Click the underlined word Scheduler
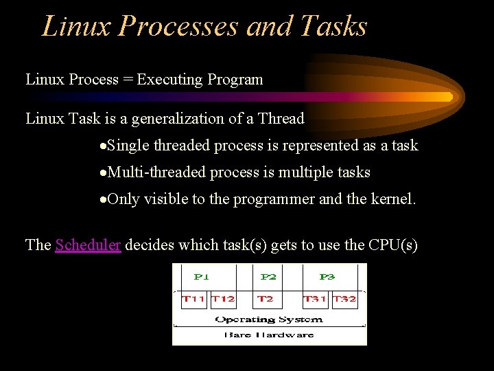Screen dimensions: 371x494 point(88,245)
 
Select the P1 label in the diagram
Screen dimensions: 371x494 point(201,277)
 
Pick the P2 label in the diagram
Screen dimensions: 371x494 point(268,277)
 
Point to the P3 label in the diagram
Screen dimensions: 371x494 point(327,277)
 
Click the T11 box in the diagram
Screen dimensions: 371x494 point(193,299)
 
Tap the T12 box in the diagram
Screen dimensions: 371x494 point(223,299)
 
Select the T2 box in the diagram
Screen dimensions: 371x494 point(265,299)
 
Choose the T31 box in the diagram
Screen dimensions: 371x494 point(315,299)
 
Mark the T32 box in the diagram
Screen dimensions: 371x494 point(344,299)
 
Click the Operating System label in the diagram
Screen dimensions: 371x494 point(269,319)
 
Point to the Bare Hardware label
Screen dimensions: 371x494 point(269,335)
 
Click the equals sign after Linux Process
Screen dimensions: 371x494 point(128,80)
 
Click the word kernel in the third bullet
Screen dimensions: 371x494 point(393,200)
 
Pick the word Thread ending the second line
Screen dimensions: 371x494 point(281,119)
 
